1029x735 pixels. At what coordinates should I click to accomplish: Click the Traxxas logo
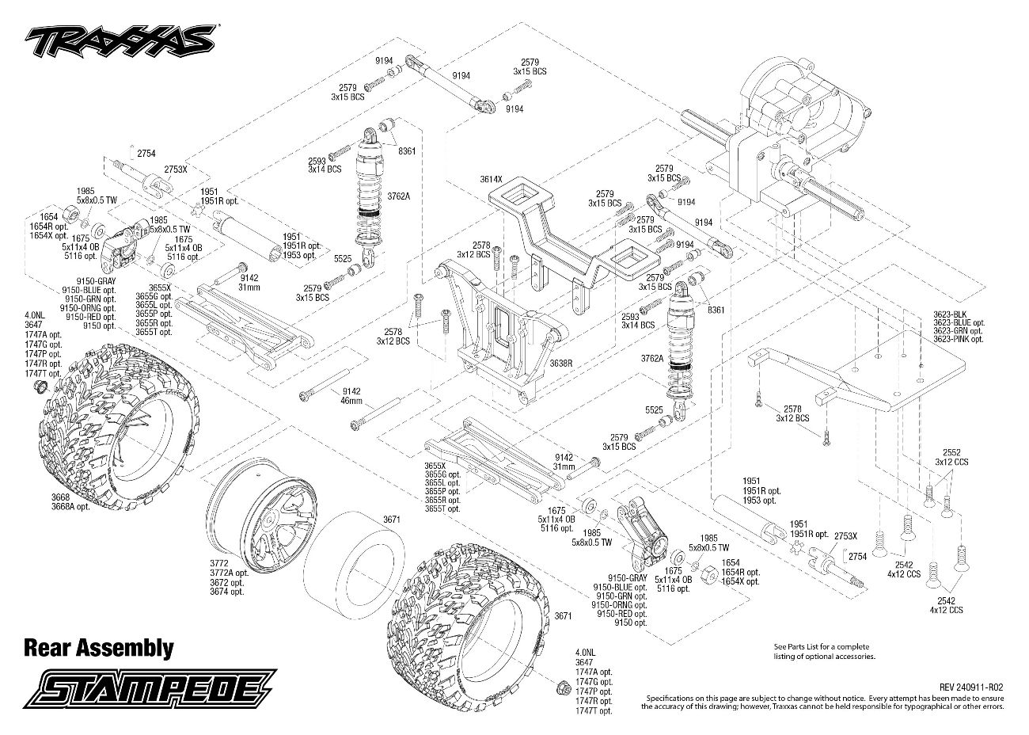click(120, 41)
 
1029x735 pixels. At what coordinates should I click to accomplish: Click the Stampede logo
click(150, 688)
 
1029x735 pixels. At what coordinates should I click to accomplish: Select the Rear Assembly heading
click(99, 648)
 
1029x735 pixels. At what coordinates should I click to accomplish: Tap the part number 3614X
click(491, 179)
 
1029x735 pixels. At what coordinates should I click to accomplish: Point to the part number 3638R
click(561, 363)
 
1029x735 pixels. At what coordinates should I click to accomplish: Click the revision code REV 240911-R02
click(970, 687)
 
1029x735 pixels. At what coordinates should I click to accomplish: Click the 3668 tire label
click(61, 497)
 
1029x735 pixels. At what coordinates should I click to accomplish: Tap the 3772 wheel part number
click(219, 563)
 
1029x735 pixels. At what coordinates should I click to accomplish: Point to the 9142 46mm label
click(351, 396)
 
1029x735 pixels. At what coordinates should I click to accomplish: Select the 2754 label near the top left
click(146, 154)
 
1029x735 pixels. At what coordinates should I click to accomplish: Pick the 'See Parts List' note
click(825, 651)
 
